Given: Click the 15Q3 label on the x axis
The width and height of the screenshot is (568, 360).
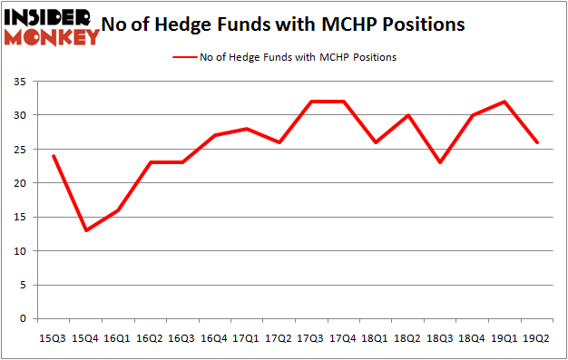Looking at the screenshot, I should pyautogui.click(x=53, y=337).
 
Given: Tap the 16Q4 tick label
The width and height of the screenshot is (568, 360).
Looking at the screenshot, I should pyautogui.click(x=214, y=337).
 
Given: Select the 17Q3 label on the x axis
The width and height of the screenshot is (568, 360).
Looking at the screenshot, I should pyautogui.click(x=311, y=337).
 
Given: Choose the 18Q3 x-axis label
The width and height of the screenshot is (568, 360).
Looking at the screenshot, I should pyautogui.click(x=441, y=337).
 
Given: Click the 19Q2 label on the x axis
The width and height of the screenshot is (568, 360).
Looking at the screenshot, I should pyautogui.click(x=538, y=337).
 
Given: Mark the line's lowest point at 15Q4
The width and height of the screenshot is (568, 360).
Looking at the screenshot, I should pyautogui.click(x=85, y=230).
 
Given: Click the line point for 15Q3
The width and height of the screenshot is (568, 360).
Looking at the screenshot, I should pyautogui.click(x=53, y=156).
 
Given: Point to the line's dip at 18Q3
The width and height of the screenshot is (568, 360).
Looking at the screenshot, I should pyautogui.click(x=441, y=162).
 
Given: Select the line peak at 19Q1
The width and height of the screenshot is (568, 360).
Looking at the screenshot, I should pyautogui.click(x=505, y=102).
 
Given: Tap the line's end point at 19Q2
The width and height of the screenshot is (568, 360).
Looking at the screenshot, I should pyautogui.click(x=538, y=142).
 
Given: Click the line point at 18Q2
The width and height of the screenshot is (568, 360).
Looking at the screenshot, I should pyautogui.click(x=408, y=115).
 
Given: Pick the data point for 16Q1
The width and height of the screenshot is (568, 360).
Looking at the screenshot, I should pyautogui.click(x=118, y=210).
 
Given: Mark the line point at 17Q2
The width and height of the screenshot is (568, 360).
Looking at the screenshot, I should pyautogui.click(x=279, y=142).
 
